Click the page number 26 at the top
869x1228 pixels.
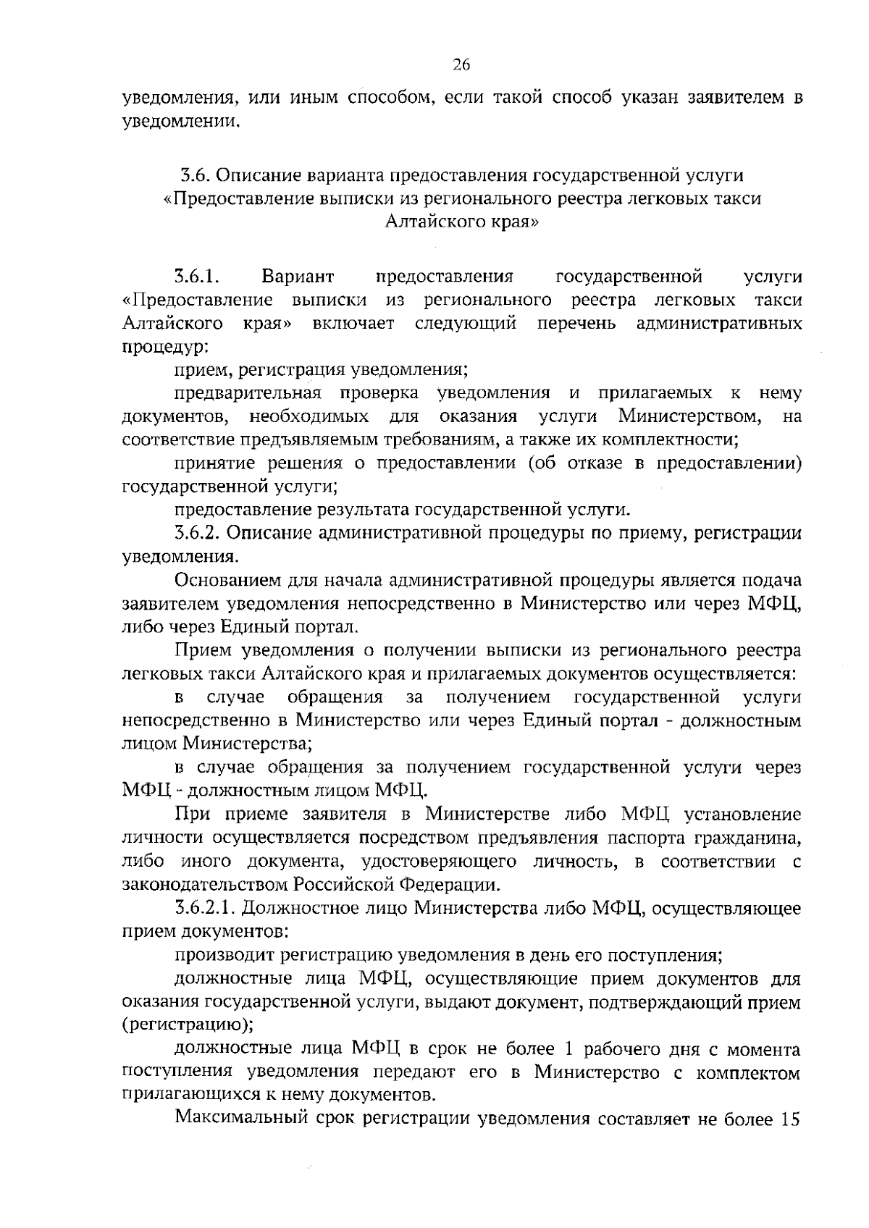[461, 65]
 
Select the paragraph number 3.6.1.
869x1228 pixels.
[196, 277]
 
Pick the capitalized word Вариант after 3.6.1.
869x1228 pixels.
[298, 277]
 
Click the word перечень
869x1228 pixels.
[576, 323]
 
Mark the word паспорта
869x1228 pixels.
[646, 838]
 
